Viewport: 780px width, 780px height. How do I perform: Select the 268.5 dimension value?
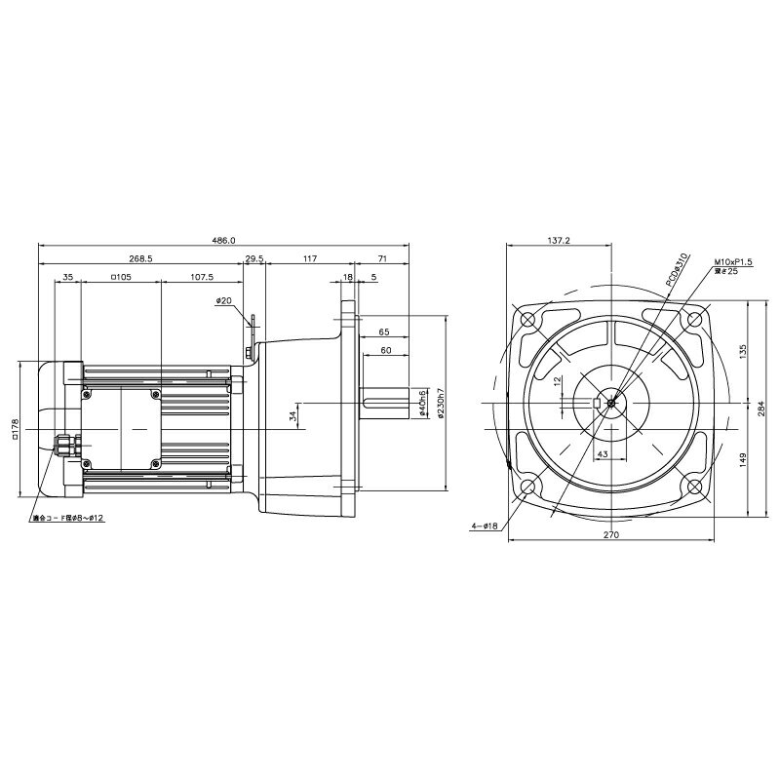click(140, 258)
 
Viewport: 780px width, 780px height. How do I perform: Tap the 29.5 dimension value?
click(254, 258)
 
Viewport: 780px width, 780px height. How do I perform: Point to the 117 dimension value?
click(309, 258)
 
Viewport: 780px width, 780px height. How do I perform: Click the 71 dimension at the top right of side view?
click(382, 258)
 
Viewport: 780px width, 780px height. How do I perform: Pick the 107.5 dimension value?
click(202, 277)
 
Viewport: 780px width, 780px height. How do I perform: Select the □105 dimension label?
click(121, 277)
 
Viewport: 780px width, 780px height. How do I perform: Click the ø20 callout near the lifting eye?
click(223, 301)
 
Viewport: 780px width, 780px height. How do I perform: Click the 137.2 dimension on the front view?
click(559, 240)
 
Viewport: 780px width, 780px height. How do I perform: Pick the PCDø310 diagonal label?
click(678, 269)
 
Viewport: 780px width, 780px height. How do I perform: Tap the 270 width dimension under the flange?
click(611, 534)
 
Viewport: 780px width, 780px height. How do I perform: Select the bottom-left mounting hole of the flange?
click(528, 487)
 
